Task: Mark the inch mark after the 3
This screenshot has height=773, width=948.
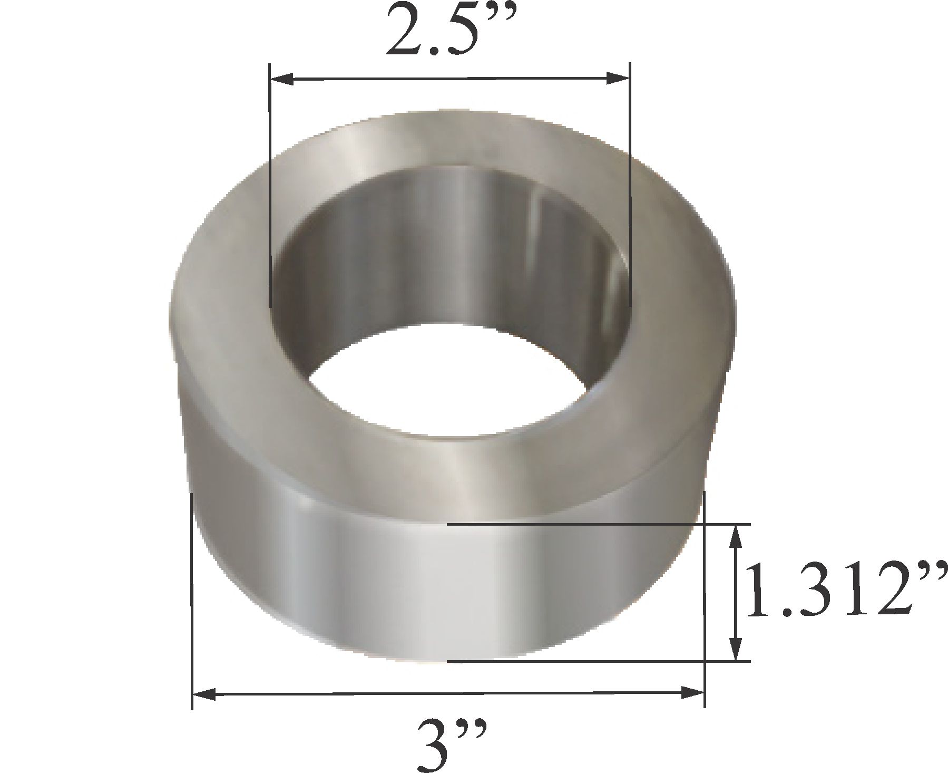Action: (474, 730)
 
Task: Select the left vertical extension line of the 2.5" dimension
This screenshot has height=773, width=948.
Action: (270, 185)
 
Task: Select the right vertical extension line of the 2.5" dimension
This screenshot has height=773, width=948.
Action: (630, 185)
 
